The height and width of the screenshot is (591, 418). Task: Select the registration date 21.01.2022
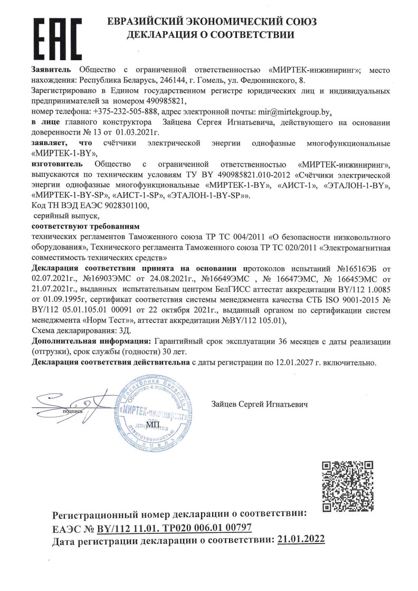(x=301, y=539)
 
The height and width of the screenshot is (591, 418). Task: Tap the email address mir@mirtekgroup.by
(x=299, y=112)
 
